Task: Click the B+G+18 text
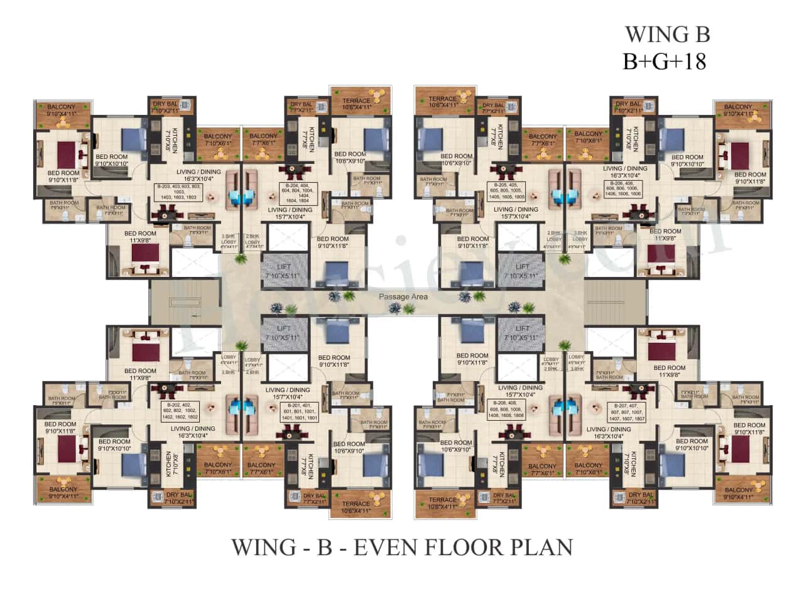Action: coord(664,61)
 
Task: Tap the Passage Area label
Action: coord(403,296)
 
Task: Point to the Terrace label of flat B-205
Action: coord(443,102)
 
